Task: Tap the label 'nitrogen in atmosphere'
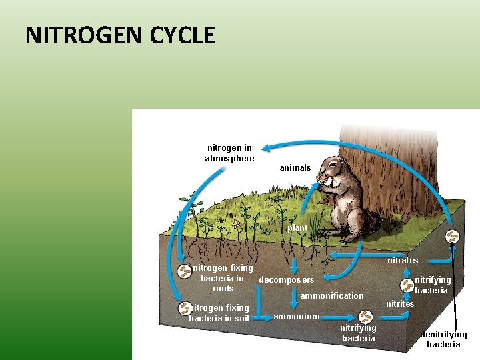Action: click(229, 153)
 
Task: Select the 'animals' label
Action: click(295, 167)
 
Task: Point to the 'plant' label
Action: click(297, 228)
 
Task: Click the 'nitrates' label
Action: click(403, 260)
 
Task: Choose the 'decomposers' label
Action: click(286, 279)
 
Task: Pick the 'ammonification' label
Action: click(332, 295)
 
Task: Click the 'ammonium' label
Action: click(296, 316)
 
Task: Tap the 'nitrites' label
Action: click(400, 303)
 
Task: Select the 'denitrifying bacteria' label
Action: click(443, 339)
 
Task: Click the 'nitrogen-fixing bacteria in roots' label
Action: click(223, 278)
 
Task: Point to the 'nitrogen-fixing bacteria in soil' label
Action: click(219, 313)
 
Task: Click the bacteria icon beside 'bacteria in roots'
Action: click(183, 271)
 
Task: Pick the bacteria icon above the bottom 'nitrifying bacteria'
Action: click(365, 317)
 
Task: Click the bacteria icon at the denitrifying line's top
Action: click(452, 236)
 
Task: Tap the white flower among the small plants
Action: click(236, 225)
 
